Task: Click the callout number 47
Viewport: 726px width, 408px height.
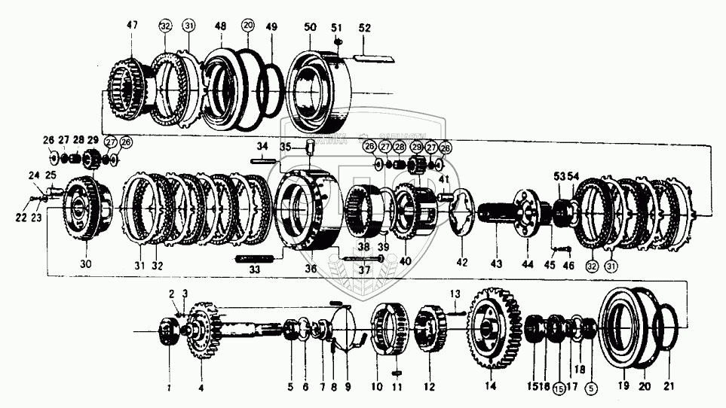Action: coord(132,26)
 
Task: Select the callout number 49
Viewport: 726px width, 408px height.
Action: coord(271,26)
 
